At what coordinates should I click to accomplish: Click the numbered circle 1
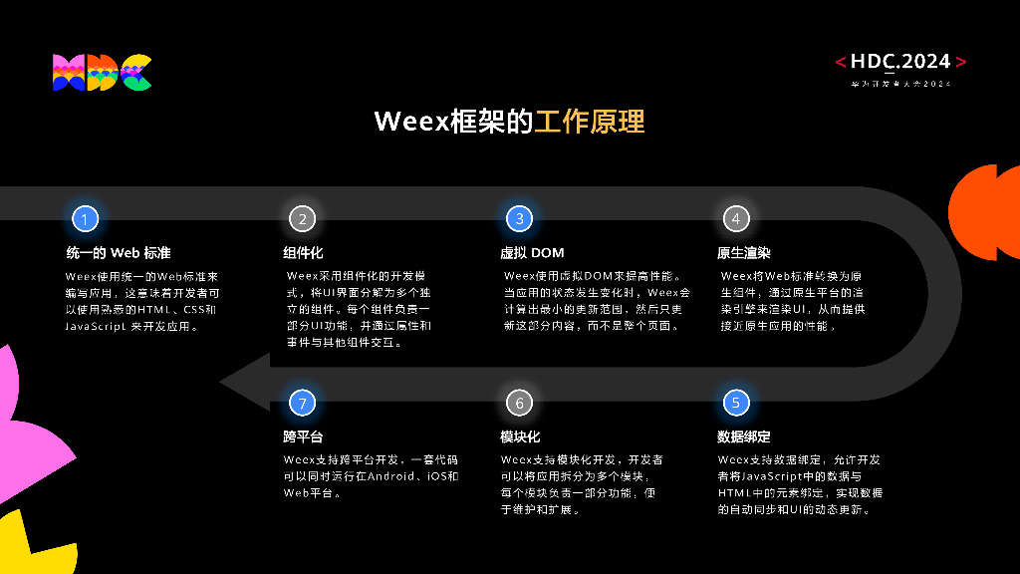85,218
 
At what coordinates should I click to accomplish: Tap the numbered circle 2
302,218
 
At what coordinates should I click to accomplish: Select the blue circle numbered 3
519,218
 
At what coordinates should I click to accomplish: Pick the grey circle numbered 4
735,218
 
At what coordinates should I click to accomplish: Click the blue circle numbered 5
735,403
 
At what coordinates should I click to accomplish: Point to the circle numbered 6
519,403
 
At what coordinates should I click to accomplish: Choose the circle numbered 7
302,403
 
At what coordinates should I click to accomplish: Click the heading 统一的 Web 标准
119,252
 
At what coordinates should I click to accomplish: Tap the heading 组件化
303,252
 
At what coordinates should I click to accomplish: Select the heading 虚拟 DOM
532,252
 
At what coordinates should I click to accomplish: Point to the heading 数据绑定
743,436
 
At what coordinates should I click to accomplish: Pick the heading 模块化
520,436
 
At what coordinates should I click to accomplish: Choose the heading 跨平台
303,436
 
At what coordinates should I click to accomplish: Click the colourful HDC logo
102,72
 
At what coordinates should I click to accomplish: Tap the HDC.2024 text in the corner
900,62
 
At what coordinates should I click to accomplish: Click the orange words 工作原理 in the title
590,122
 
